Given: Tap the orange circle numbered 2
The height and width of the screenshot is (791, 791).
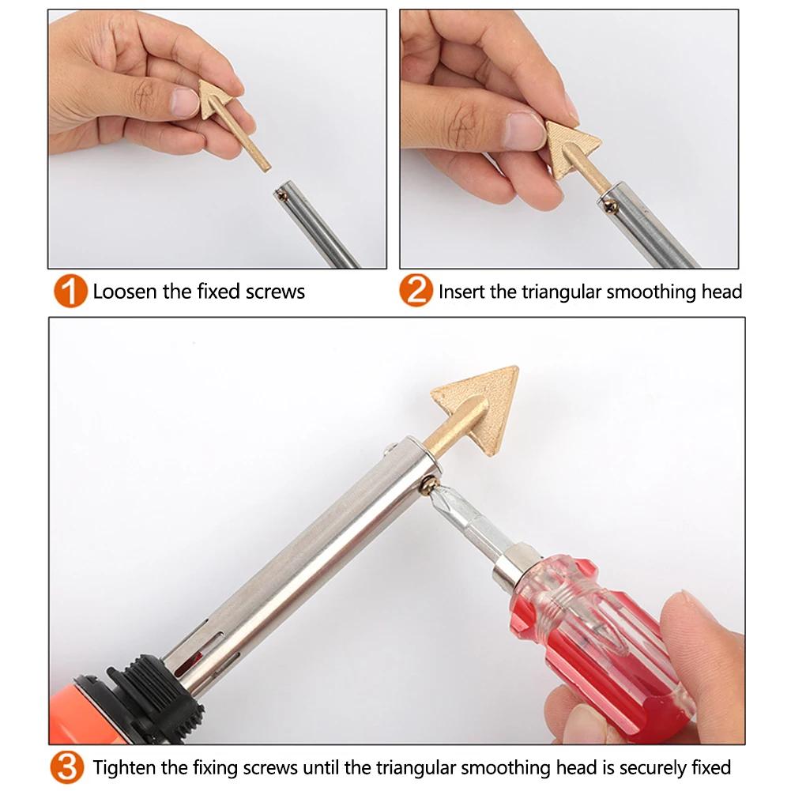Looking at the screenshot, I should pyautogui.click(x=416, y=292).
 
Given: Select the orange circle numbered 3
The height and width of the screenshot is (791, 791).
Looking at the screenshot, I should pyautogui.click(x=70, y=767).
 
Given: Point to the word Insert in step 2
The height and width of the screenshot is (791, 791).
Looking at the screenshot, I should pyautogui.click(x=461, y=292).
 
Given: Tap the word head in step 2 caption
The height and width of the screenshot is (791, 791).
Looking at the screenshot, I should pyautogui.click(x=721, y=292).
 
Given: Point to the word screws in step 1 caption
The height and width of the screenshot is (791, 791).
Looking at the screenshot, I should pyautogui.click(x=277, y=292).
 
